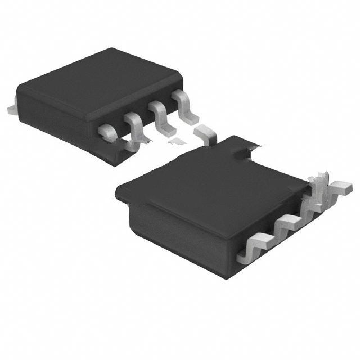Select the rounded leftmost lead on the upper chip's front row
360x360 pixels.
(107, 132)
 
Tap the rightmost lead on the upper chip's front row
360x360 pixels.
(183, 101)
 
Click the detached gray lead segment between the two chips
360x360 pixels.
(206, 134)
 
